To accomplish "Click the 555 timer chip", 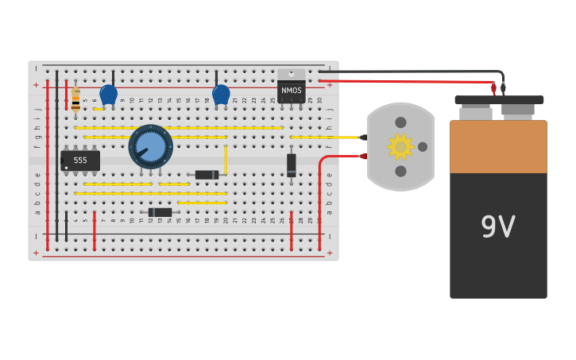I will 80,161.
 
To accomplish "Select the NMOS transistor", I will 291,88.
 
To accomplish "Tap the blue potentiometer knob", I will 150,146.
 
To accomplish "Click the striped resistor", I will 75,100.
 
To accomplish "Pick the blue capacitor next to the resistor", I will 109,95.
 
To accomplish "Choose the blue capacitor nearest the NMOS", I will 221,95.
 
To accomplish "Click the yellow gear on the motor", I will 400,146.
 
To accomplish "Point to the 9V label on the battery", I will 498,227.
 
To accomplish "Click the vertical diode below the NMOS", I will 292,165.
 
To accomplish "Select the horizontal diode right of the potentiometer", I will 207,175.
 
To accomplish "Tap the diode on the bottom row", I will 160,212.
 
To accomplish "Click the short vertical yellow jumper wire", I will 226,159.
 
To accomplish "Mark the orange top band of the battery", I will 498,147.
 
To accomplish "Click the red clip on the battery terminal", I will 493,89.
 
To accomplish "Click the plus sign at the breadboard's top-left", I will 36,84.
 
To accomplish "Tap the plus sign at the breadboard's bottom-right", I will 329,253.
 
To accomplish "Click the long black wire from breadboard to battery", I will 413,72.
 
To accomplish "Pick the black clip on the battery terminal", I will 503,88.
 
